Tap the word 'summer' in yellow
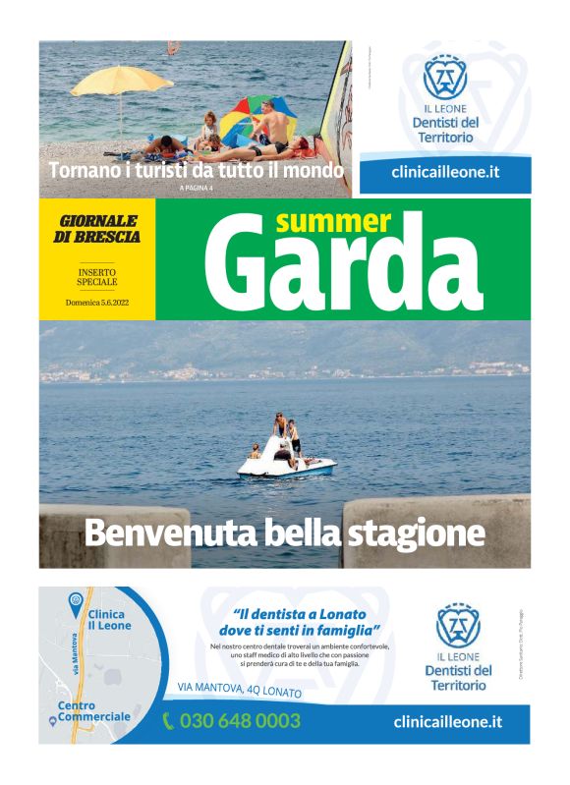click(x=333, y=221)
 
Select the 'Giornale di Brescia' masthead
click(x=97, y=229)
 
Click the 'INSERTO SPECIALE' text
click(x=97, y=276)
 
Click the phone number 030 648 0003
click(x=240, y=722)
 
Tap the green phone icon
click(x=168, y=722)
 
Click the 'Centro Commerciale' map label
click(x=93, y=711)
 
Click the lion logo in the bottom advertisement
click(x=458, y=626)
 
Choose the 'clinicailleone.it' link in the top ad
click(x=445, y=171)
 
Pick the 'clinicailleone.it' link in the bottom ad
click(x=447, y=721)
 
